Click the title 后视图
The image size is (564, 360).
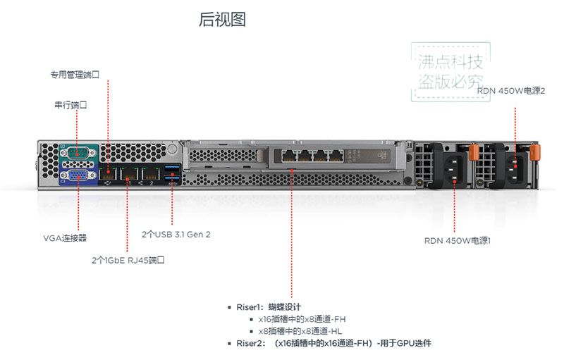pyautogui.click(x=222, y=20)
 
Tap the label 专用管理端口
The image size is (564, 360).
pyautogui.click(x=75, y=75)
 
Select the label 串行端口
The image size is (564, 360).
pyautogui.click(x=70, y=105)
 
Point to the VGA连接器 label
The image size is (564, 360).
pyautogui.click(x=65, y=238)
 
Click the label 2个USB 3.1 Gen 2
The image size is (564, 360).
pyautogui.click(x=176, y=235)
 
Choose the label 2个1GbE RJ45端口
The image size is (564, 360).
pyautogui.click(x=128, y=260)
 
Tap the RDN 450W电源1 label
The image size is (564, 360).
pyautogui.click(x=457, y=240)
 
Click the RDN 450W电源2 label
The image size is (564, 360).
pyautogui.click(x=510, y=91)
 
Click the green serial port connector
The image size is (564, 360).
pyautogui.click(x=78, y=153)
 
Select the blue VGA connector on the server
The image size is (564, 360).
pyautogui.click(x=78, y=175)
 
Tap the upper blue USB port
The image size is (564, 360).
pyautogui.click(x=173, y=168)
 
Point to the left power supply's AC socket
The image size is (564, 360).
pyautogui.click(x=454, y=169)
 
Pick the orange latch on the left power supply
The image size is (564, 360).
pyautogui.click(x=474, y=152)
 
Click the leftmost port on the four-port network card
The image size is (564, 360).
pyautogui.click(x=289, y=156)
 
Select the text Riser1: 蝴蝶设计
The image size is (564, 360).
pyautogui.click(x=269, y=307)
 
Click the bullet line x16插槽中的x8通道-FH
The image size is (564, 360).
pyautogui.click(x=302, y=319)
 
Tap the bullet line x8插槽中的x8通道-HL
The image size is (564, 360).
pyautogui.click(x=300, y=331)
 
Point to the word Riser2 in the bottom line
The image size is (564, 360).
pyautogui.click(x=249, y=343)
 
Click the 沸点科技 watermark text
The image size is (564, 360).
pyautogui.click(x=450, y=62)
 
